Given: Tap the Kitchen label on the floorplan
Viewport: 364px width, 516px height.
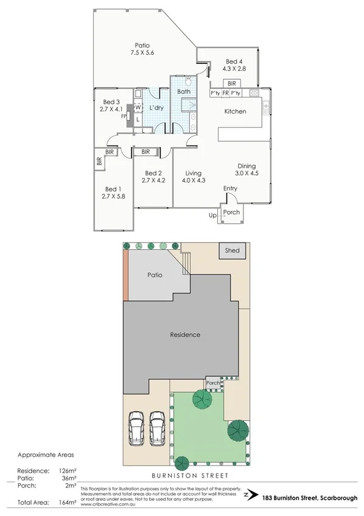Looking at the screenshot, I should (235, 111).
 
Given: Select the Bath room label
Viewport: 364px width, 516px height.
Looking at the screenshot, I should (184, 91).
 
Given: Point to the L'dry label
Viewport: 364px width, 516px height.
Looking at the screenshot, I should (157, 108).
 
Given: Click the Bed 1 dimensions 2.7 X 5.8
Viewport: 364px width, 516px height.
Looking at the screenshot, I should (114, 196).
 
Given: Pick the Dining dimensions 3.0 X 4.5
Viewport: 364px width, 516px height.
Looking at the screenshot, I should (247, 173).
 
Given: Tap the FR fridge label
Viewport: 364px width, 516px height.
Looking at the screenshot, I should (225, 93).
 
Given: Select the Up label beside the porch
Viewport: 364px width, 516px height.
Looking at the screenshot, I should (213, 216).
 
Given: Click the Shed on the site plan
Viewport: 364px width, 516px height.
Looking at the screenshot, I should (232, 250).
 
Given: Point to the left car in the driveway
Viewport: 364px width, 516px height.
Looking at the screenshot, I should (137, 428).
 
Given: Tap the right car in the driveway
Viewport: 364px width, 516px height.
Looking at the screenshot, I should (157, 428).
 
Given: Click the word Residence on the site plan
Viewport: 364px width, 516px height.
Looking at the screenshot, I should (185, 334).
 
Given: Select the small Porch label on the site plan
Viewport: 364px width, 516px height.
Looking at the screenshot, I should (212, 383).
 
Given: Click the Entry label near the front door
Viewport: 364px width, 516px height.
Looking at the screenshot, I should (230, 188).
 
